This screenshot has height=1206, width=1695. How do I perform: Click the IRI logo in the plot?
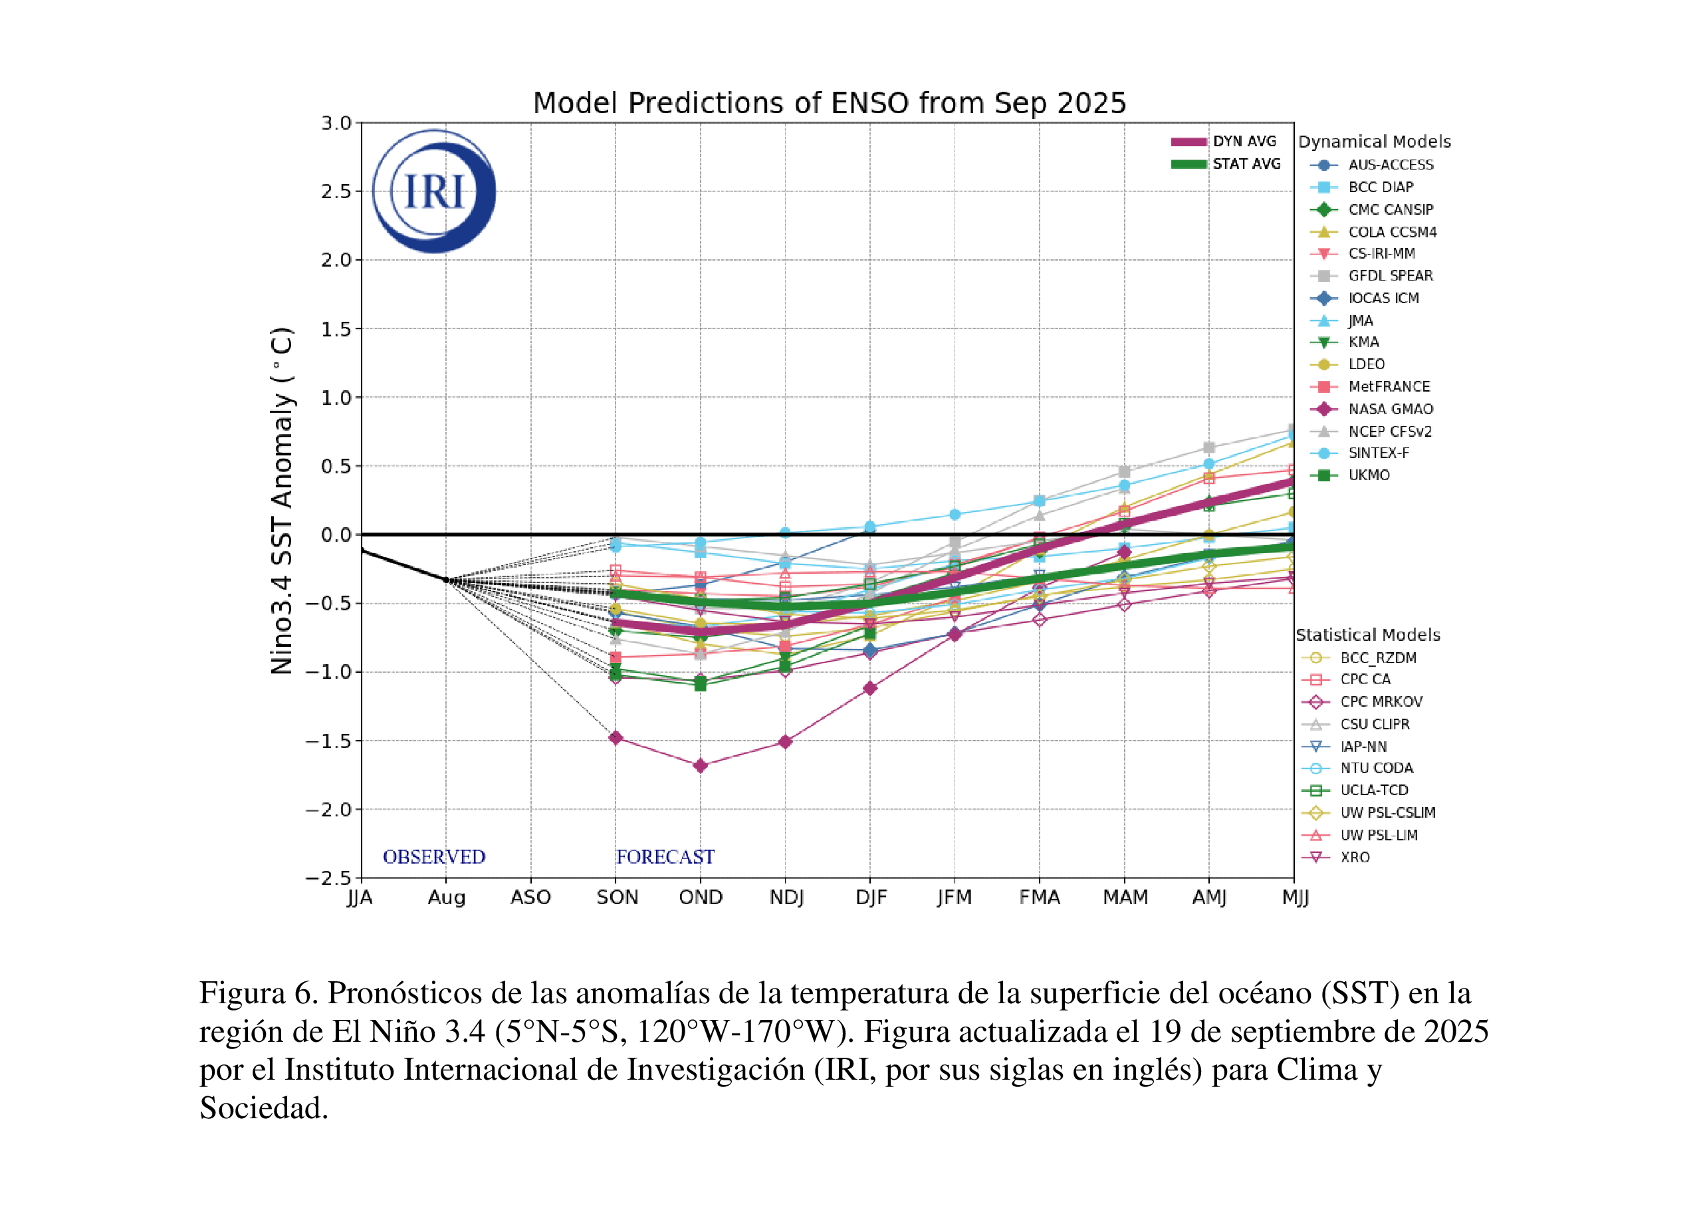tap(433, 191)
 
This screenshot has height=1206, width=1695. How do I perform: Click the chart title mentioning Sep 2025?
tap(830, 103)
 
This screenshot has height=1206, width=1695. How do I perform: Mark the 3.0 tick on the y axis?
tap(336, 123)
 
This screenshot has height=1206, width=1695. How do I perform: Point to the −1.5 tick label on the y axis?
tap(328, 741)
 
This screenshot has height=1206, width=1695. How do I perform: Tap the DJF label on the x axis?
tap(870, 898)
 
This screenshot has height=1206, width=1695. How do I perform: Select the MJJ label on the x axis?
tap(1295, 898)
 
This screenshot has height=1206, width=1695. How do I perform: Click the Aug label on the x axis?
tap(446, 898)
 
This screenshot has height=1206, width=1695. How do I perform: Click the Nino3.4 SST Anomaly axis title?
tap(282, 501)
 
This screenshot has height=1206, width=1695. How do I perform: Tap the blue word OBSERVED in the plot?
tap(433, 857)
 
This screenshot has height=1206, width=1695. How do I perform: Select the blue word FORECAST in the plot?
tap(665, 857)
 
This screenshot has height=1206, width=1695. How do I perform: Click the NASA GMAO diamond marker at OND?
tap(700, 766)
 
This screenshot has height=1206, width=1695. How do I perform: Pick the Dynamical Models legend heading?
tap(1373, 142)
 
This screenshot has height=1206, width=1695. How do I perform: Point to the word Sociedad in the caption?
tap(264, 1108)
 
